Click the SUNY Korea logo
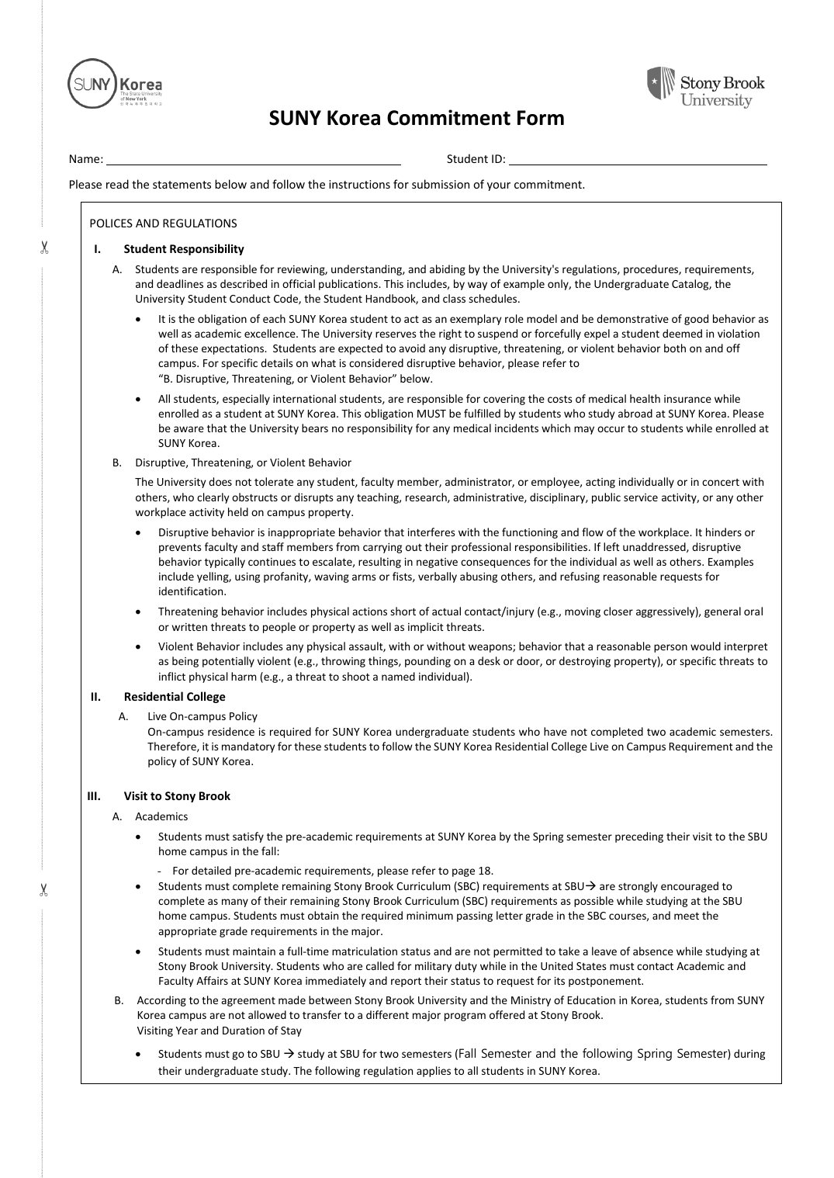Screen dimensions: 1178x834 coord(115,84)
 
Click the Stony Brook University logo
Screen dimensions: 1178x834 coord(705,86)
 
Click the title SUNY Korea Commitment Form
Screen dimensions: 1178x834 coord(417,118)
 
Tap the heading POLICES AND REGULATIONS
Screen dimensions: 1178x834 coord(163,223)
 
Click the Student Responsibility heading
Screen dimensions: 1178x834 coord(184,249)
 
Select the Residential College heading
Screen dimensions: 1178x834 coord(175,697)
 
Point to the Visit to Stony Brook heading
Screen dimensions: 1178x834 coord(177,796)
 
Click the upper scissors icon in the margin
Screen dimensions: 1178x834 coord(44,248)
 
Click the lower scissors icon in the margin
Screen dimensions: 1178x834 coord(44,889)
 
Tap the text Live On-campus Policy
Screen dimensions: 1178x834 coord(202,716)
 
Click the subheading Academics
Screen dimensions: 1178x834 coord(161,816)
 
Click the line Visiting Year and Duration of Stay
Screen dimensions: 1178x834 coord(220,1031)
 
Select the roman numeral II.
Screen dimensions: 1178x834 coord(95,697)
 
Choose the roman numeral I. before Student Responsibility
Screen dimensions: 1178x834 coord(97,249)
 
